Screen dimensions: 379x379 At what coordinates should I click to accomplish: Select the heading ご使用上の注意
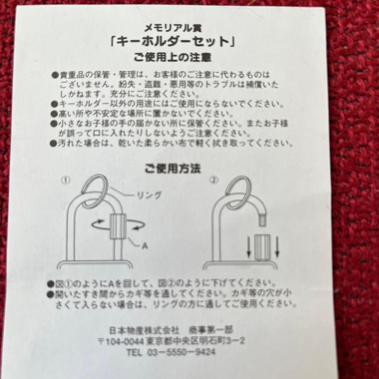coord(172,57)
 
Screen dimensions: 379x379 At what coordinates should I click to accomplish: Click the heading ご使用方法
coord(173,168)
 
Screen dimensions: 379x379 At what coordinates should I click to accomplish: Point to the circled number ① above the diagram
coord(66,181)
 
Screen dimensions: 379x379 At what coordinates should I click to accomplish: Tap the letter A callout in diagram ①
coord(145,246)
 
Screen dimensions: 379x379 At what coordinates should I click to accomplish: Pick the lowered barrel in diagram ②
coord(261,247)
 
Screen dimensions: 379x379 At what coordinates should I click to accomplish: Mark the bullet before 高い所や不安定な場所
coord(54,114)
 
